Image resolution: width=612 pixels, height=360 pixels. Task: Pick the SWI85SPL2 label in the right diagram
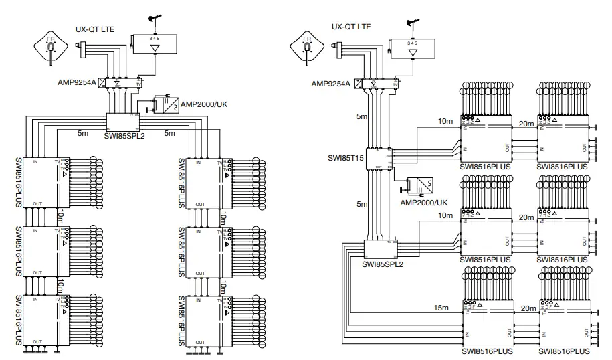(x=381, y=264)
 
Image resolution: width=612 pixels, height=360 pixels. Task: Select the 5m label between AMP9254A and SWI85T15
(x=361, y=116)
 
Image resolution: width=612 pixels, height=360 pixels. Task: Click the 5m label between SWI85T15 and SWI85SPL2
(x=361, y=203)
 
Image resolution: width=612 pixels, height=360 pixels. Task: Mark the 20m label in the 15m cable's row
(x=528, y=308)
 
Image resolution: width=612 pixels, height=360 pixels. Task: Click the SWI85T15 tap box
(x=379, y=158)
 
